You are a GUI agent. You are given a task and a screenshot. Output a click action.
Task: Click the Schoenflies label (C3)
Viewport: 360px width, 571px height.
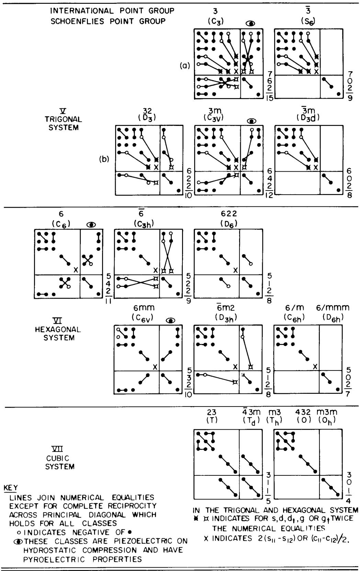click(216, 21)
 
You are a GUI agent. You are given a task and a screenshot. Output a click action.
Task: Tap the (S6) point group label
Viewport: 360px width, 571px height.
click(308, 21)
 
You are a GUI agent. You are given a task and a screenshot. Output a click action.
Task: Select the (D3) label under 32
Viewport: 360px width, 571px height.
click(147, 118)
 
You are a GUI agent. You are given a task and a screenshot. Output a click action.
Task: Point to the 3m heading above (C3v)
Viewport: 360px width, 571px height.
click(215, 111)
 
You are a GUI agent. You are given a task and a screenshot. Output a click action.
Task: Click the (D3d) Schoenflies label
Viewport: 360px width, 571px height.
click(308, 118)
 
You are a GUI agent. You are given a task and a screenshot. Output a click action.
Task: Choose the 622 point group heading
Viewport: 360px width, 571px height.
click(229, 213)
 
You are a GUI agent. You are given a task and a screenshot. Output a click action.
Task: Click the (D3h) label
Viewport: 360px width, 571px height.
click(226, 317)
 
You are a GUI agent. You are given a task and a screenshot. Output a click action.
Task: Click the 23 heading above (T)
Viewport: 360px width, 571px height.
click(212, 412)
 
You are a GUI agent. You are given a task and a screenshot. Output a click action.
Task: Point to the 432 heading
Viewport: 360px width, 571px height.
click(303, 412)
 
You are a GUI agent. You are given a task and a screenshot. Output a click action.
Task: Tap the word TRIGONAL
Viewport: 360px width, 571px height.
click(64, 119)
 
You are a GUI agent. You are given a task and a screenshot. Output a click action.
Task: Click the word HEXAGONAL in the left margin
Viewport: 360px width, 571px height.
click(58, 329)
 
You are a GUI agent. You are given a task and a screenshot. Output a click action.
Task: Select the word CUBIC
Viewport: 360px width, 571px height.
click(58, 458)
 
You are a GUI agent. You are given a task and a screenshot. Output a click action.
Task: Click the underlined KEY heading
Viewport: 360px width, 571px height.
click(11, 488)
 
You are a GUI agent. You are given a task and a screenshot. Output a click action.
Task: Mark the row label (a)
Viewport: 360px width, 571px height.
click(185, 66)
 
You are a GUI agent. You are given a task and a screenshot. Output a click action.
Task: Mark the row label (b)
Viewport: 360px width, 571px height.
click(104, 159)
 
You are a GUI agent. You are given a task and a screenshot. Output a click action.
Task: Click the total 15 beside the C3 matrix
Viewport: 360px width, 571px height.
click(269, 98)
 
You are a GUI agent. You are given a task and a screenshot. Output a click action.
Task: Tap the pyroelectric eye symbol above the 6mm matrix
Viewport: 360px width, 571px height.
click(170, 321)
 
